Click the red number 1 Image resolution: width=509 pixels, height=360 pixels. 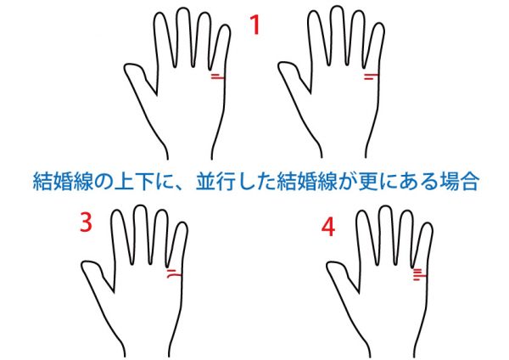(x=255, y=25)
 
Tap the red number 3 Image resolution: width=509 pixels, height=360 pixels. (x=86, y=222)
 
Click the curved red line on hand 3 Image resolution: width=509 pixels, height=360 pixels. (x=174, y=276)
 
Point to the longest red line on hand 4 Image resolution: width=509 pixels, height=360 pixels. (x=419, y=277)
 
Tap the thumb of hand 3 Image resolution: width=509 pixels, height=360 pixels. (x=94, y=272)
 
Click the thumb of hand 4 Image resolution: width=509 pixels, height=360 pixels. (x=339, y=273)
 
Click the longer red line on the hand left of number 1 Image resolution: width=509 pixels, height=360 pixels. (x=217, y=77)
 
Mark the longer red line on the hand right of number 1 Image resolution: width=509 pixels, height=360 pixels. (x=372, y=75)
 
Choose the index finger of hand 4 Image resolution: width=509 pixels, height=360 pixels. (x=366, y=237)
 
